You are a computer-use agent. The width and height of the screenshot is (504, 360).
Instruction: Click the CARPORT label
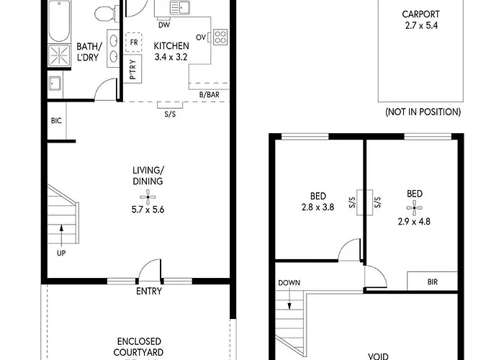[420, 14]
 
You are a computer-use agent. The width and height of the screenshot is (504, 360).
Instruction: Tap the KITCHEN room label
[171, 45]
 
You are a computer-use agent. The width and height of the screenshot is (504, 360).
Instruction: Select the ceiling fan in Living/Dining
[148, 197]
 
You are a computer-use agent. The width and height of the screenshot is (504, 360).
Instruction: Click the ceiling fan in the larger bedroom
[414, 208]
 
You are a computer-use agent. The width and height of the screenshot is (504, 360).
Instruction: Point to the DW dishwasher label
[164, 24]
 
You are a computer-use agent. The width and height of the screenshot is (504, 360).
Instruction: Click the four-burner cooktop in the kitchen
[220, 37]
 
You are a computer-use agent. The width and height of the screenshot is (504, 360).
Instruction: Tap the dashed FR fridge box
[134, 42]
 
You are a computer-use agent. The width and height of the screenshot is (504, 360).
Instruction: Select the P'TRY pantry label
[132, 69]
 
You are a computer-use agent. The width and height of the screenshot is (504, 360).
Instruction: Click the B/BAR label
[210, 94]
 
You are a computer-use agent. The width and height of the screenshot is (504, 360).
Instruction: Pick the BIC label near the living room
[56, 121]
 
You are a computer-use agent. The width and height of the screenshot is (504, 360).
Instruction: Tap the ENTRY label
[149, 291]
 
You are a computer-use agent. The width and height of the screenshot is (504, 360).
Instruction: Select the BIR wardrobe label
[432, 282]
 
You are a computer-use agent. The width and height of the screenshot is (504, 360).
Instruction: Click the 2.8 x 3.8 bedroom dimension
[318, 207]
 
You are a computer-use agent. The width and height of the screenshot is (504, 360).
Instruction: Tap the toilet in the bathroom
[105, 14]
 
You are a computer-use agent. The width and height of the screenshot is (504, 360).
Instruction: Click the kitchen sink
[180, 8]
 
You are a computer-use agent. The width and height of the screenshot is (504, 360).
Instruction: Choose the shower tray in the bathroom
[59, 55]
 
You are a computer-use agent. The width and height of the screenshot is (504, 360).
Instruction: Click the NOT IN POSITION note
[423, 112]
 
